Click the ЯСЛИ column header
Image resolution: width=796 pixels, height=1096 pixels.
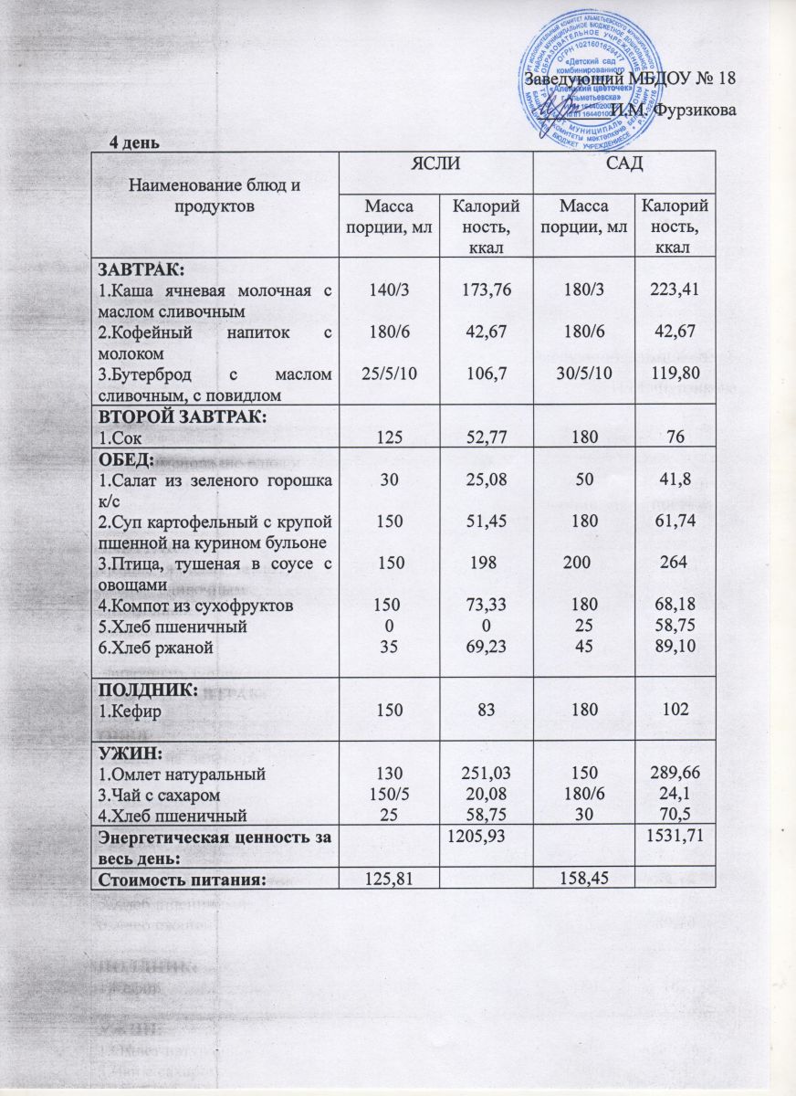[435, 164]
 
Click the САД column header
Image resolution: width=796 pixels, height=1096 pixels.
[623, 164]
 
